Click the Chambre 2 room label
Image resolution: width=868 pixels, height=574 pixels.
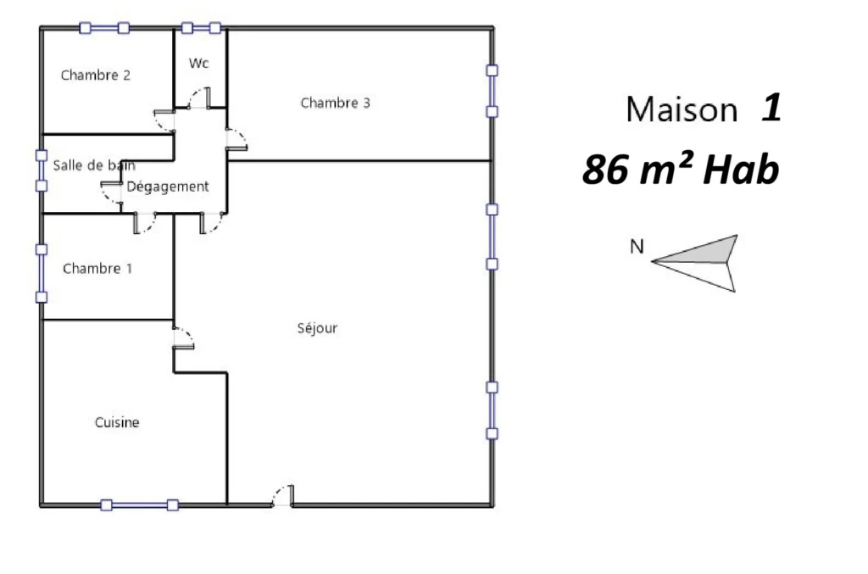click(x=95, y=75)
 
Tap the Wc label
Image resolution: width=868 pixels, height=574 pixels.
click(x=198, y=63)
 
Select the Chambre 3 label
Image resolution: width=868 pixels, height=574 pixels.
click(x=335, y=103)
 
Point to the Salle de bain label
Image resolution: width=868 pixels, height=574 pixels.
click(x=94, y=165)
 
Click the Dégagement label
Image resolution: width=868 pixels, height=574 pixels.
click(x=168, y=187)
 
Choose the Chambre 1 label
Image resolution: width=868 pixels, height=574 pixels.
click(x=97, y=269)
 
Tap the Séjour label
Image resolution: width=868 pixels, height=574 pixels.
click(x=317, y=328)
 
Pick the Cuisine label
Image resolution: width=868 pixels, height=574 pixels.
click(x=117, y=422)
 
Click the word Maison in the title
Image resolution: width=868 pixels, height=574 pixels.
click(x=682, y=109)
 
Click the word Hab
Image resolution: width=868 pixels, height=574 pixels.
click(x=741, y=170)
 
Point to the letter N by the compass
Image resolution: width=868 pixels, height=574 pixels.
click(x=637, y=247)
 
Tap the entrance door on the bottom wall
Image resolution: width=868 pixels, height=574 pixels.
click(x=283, y=495)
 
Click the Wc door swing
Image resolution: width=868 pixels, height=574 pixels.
click(x=199, y=98)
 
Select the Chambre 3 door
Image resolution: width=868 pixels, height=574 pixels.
click(x=237, y=140)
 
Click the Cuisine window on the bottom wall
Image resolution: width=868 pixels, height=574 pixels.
click(x=140, y=504)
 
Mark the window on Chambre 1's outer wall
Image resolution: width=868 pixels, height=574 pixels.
click(x=42, y=274)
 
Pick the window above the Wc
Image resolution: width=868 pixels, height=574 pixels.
click(x=201, y=28)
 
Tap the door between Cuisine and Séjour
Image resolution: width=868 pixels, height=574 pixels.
click(x=184, y=338)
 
